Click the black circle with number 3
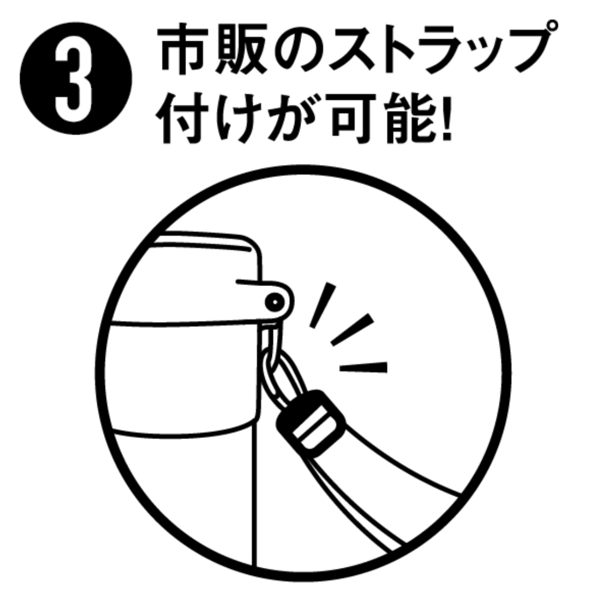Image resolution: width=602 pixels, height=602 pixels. pos(76,78)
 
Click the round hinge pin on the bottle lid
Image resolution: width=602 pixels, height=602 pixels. pos(274,302)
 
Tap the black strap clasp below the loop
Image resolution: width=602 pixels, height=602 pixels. pos(311,424)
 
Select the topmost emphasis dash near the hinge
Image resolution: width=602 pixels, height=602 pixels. pos(323,305)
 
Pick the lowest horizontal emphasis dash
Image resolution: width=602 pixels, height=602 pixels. pos(363,367)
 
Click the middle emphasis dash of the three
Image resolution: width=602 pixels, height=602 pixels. pos(352,330)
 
